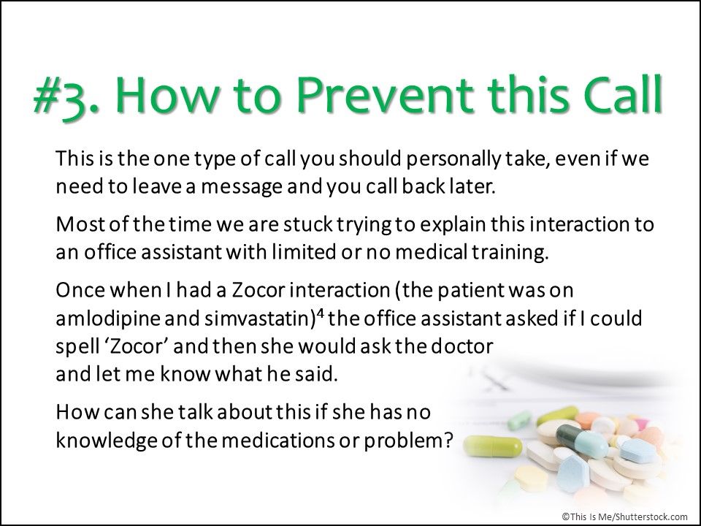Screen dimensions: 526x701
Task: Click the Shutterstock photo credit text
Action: pyautogui.click(x=624, y=514)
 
